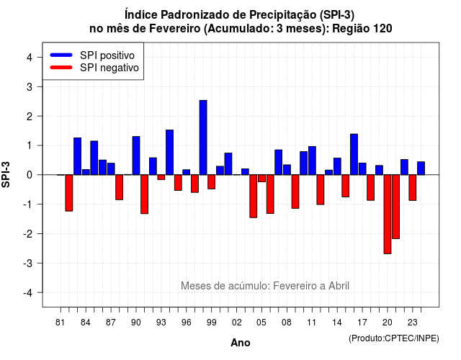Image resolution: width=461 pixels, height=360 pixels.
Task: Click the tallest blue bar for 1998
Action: tap(203, 138)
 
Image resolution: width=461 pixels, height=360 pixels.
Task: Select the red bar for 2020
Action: tap(388, 215)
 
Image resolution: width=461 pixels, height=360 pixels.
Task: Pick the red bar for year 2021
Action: tap(395, 207)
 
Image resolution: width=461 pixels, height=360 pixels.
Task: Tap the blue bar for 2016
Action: tap(354, 154)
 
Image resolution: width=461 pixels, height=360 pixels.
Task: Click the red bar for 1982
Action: tap(69, 193)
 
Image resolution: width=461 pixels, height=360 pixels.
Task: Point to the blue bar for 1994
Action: tap(170, 152)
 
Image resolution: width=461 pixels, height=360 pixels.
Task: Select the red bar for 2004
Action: tap(254, 197)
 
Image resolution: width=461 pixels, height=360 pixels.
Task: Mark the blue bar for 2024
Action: tap(421, 168)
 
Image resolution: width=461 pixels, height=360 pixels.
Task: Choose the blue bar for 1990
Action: tap(136, 156)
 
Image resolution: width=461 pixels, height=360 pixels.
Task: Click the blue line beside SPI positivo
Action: tap(61, 55)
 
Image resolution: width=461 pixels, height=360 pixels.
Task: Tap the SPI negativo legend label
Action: tap(109, 68)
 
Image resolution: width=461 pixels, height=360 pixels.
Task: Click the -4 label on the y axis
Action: tap(28, 293)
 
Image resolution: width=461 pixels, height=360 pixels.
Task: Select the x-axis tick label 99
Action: tap(211, 323)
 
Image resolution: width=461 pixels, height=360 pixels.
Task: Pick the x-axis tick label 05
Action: tap(261, 323)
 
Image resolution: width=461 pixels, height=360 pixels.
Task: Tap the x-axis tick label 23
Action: tap(413, 323)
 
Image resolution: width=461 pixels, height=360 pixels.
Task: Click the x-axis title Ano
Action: tap(241, 343)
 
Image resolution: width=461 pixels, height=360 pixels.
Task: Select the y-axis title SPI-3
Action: tap(6, 174)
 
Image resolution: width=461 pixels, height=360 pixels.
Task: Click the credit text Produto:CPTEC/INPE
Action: tap(394, 338)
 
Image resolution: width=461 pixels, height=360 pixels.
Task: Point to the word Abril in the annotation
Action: tap(339, 285)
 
